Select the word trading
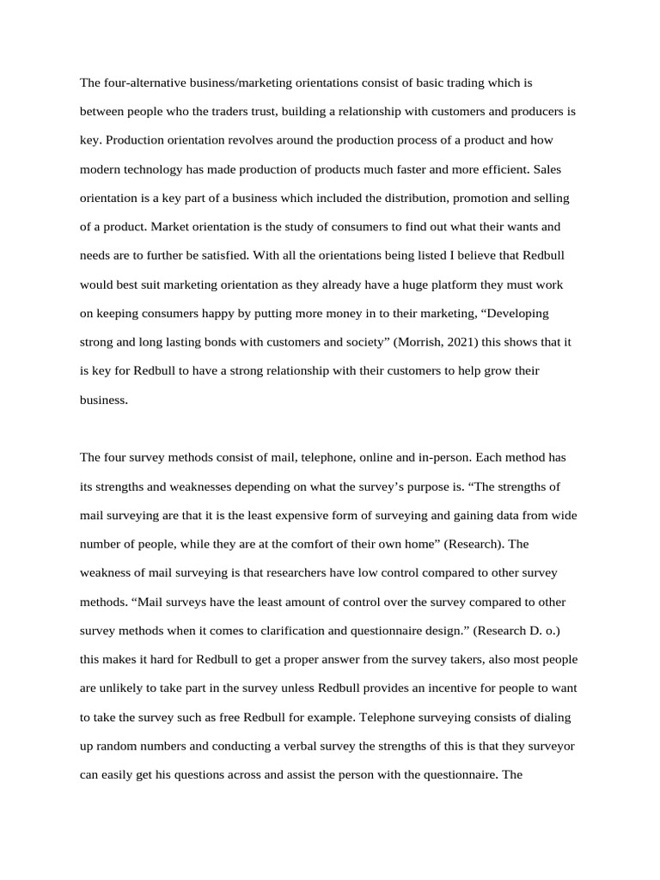point(461,83)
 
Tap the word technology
point(158,169)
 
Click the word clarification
point(286,630)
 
